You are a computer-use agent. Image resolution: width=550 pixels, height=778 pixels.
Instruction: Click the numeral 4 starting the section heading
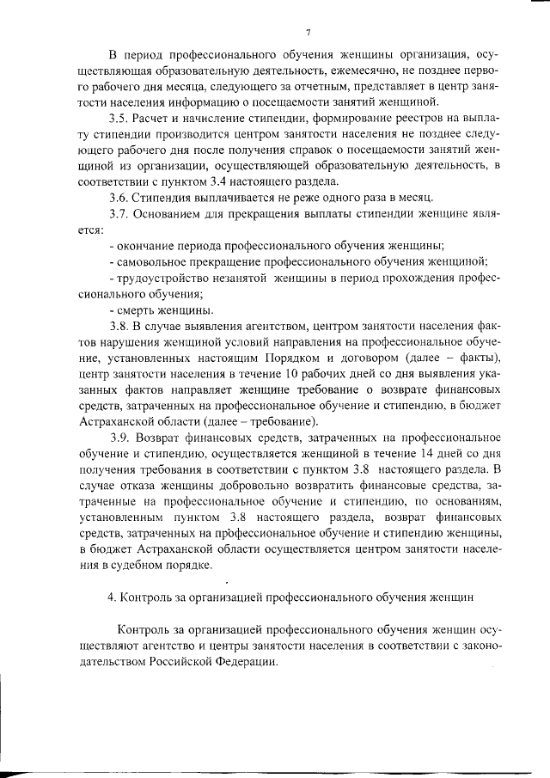click(x=111, y=597)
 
